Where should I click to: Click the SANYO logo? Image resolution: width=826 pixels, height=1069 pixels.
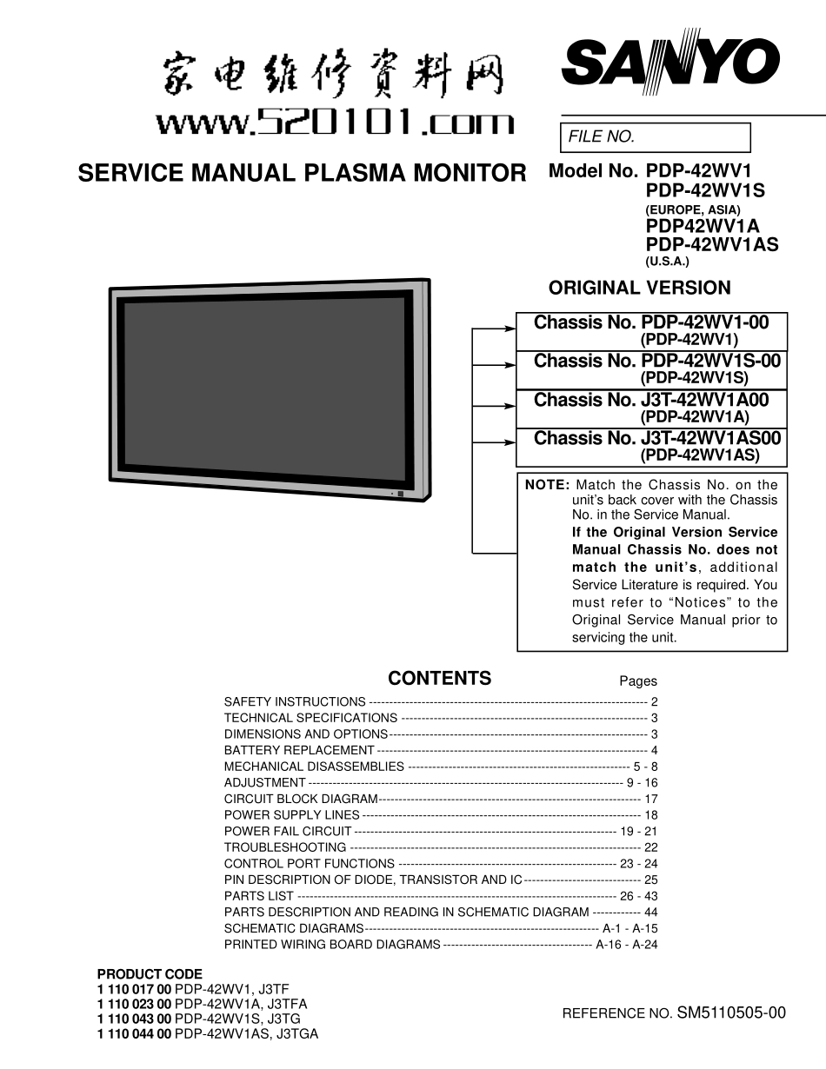tap(669, 63)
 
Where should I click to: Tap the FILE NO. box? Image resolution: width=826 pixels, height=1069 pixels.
tap(654, 137)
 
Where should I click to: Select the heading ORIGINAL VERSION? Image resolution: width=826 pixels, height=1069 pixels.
tap(640, 288)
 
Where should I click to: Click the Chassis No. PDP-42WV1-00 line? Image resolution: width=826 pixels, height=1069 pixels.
tap(651, 323)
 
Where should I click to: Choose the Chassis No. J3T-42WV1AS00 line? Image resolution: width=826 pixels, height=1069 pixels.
tap(656, 439)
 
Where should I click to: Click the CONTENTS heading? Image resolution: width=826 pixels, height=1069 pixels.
tap(439, 679)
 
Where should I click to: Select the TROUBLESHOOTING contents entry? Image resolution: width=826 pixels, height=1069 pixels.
tap(285, 847)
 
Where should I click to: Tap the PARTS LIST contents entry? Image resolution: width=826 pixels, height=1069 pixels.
tap(259, 896)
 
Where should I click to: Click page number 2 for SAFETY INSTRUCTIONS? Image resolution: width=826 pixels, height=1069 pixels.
tap(654, 702)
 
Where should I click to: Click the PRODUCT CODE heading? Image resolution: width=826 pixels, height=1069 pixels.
tap(150, 974)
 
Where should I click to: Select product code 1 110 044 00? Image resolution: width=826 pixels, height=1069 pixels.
tap(134, 1035)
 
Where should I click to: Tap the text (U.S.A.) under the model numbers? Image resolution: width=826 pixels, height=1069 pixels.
tap(667, 262)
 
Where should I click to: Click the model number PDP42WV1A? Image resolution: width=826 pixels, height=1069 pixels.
tap(703, 227)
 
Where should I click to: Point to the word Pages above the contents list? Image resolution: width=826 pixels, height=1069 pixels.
tap(638, 682)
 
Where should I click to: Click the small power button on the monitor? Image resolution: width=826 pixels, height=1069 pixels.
tap(401, 494)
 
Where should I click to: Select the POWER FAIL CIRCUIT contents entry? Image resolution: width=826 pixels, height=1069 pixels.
tap(288, 832)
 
